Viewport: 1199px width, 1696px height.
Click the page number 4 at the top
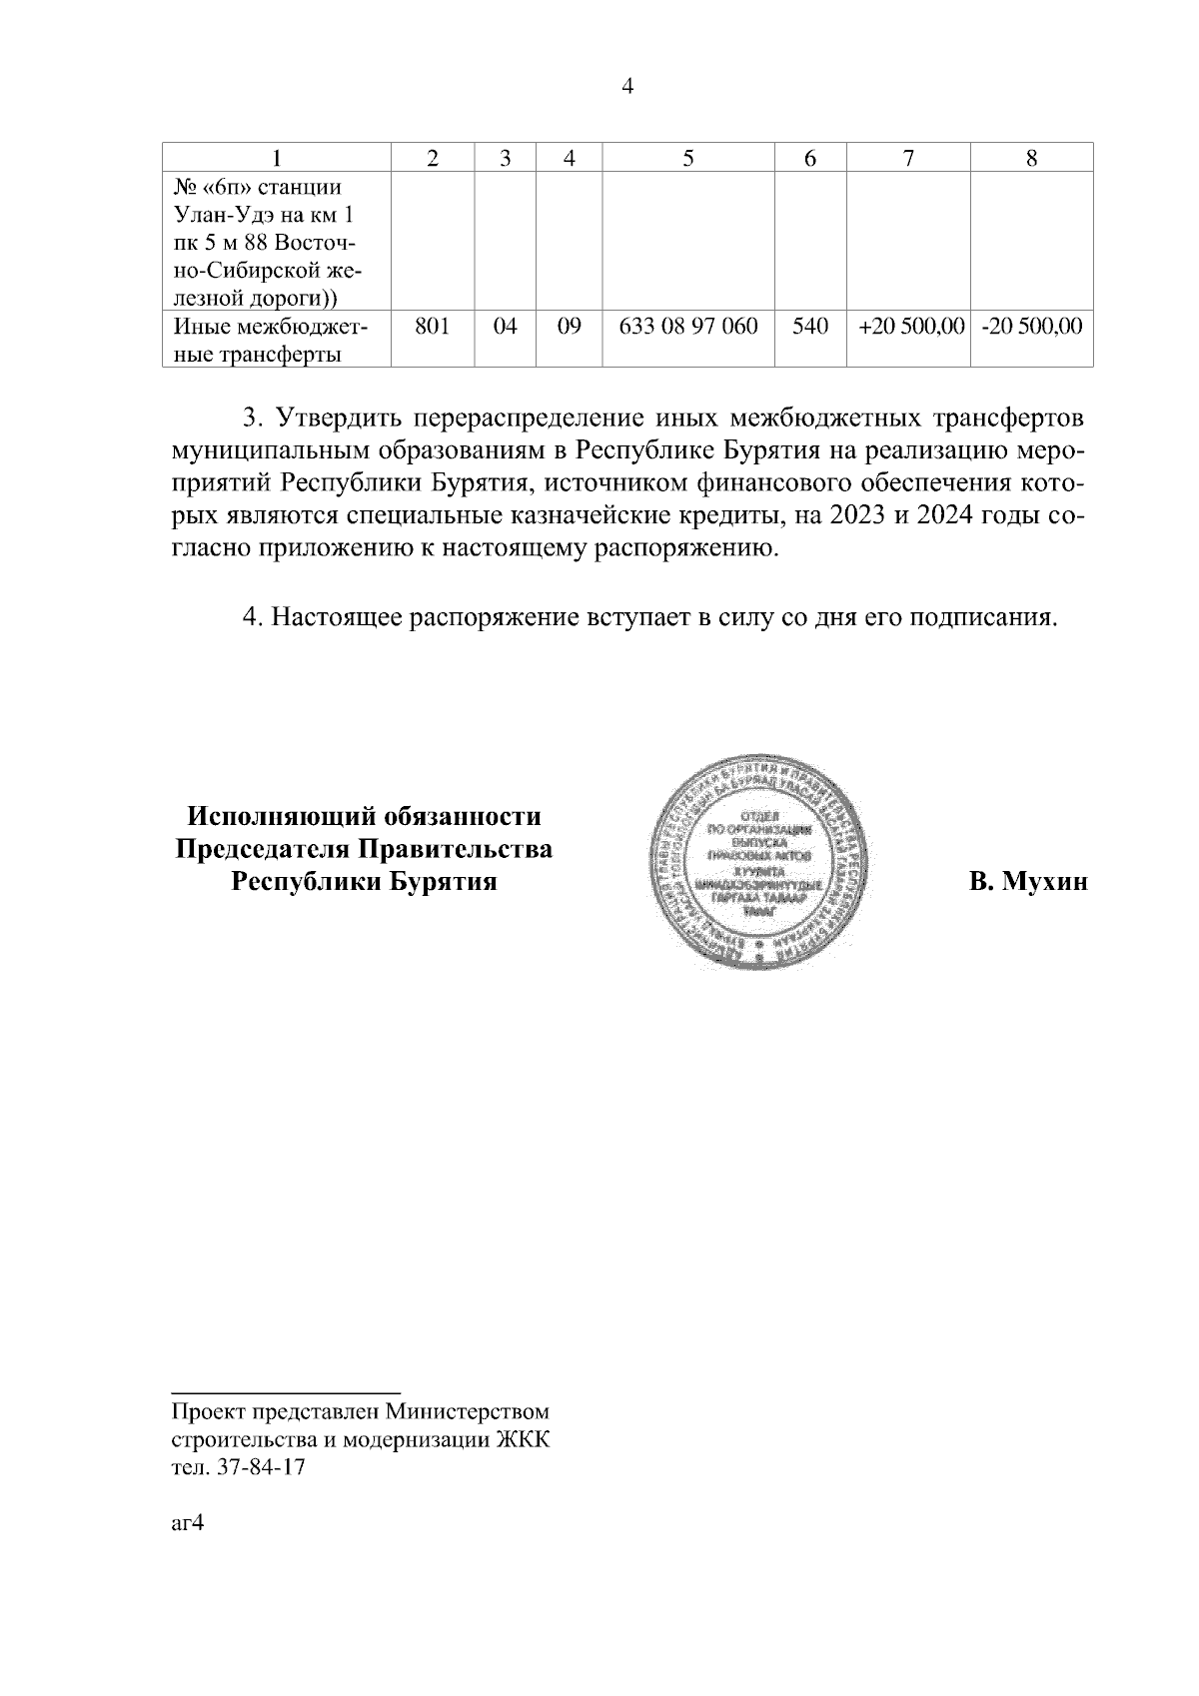click(x=627, y=87)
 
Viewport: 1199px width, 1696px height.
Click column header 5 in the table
click(x=688, y=158)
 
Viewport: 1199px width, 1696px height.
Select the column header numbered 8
click(x=1032, y=158)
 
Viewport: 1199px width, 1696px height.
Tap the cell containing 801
click(x=432, y=327)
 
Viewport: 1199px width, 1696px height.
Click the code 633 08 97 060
click(x=688, y=327)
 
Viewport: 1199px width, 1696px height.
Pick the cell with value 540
click(x=810, y=327)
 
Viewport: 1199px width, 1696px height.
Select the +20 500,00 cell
click(x=907, y=327)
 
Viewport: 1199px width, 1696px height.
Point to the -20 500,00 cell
click(x=1032, y=327)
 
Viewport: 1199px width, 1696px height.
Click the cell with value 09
click(x=569, y=327)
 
